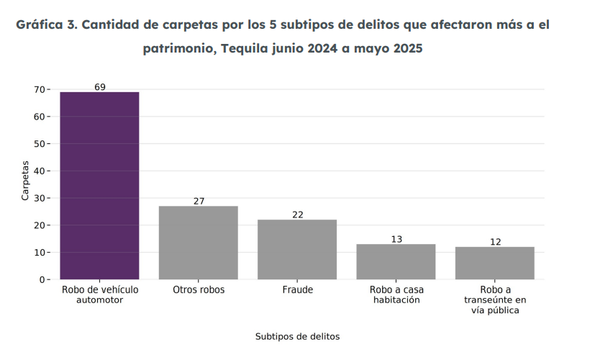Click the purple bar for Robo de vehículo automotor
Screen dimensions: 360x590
coord(99,186)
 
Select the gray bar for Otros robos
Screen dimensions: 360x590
coord(198,243)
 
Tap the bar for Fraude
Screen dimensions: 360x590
coord(297,249)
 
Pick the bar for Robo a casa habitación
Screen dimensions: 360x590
coord(396,261)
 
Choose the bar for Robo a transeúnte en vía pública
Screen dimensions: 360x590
coord(495,263)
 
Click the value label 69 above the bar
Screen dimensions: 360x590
coord(100,87)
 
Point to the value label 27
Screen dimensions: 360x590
coord(199,202)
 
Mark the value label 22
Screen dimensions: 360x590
coord(298,215)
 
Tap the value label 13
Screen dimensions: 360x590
coord(396,239)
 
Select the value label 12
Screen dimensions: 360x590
coord(495,242)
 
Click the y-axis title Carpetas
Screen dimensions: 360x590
coord(25,184)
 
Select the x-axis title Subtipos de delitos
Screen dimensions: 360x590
coord(297,336)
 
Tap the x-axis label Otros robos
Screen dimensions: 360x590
coord(199,290)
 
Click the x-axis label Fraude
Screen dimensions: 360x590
coord(297,290)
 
